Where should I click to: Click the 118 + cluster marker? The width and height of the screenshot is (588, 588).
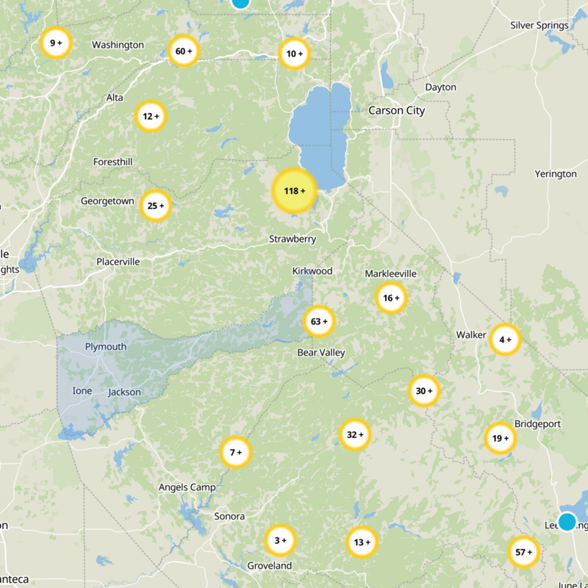[x=294, y=191]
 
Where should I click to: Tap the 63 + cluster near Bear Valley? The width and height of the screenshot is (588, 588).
[x=319, y=321]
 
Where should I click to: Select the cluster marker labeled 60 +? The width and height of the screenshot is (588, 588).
[x=184, y=51]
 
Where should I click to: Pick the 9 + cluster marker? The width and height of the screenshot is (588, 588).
[x=56, y=43]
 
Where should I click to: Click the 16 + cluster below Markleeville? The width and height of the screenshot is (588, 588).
[x=391, y=298]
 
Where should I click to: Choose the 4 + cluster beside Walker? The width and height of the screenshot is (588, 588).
[x=505, y=340]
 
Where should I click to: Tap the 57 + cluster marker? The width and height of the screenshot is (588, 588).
[x=524, y=552]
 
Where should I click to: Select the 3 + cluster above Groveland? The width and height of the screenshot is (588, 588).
[x=280, y=540]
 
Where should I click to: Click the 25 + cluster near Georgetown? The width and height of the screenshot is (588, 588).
[x=155, y=206]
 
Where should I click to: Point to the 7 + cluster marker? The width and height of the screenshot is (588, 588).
[x=236, y=453]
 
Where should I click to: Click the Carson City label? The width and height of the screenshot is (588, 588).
[x=396, y=110]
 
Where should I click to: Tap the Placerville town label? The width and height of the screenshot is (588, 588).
[x=118, y=261]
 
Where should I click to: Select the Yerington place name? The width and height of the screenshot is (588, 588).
[x=556, y=174]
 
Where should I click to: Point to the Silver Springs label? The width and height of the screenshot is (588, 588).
[x=539, y=26]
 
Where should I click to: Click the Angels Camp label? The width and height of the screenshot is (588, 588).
[x=187, y=487]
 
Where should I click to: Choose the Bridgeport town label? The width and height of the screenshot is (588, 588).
[x=538, y=424]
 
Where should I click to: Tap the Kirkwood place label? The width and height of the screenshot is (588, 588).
[x=312, y=271]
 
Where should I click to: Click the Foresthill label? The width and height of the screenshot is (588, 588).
[x=114, y=162]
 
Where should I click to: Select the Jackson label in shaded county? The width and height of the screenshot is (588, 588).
[x=124, y=392]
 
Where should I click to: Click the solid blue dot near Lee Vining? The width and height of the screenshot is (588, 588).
[x=567, y=522]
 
